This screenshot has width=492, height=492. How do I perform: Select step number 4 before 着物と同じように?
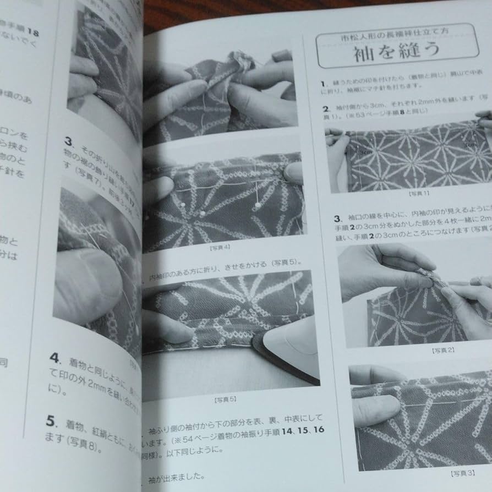coord(54,357)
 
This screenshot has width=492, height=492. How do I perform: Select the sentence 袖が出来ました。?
coord(176,477)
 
